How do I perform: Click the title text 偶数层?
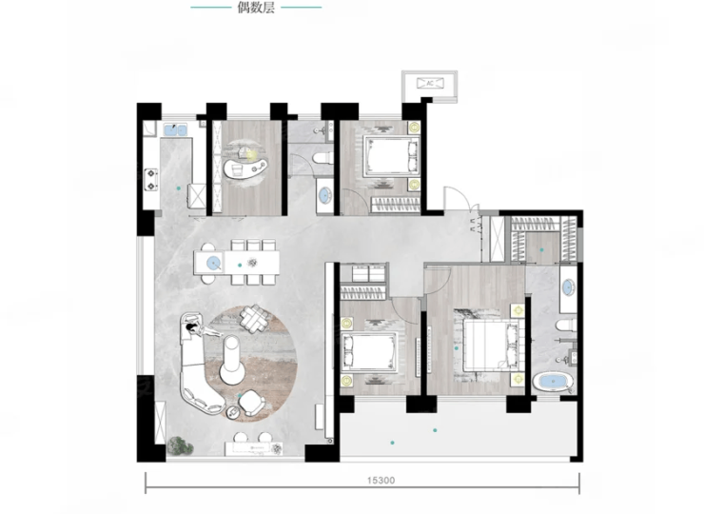point(256,8)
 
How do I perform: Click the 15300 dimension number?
point(381,481)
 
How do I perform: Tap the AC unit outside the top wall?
point(430,83)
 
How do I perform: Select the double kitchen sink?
point(176,129)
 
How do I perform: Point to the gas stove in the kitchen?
point(151,179)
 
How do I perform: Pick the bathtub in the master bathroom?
point(553,383)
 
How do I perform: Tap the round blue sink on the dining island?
point(214,262)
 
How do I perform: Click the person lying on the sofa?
point(202,330)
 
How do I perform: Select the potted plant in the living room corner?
point(180,445)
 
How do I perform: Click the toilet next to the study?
point(322,158)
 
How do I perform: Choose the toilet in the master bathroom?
point(566,326)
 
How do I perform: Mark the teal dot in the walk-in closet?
point(542,249)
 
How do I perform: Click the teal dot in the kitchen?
point(179,188)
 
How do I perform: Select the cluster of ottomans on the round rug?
point(255,318)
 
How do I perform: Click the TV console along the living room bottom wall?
point(254,448)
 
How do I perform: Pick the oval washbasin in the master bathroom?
point(568,287)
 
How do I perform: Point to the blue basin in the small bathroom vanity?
point(324,195)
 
